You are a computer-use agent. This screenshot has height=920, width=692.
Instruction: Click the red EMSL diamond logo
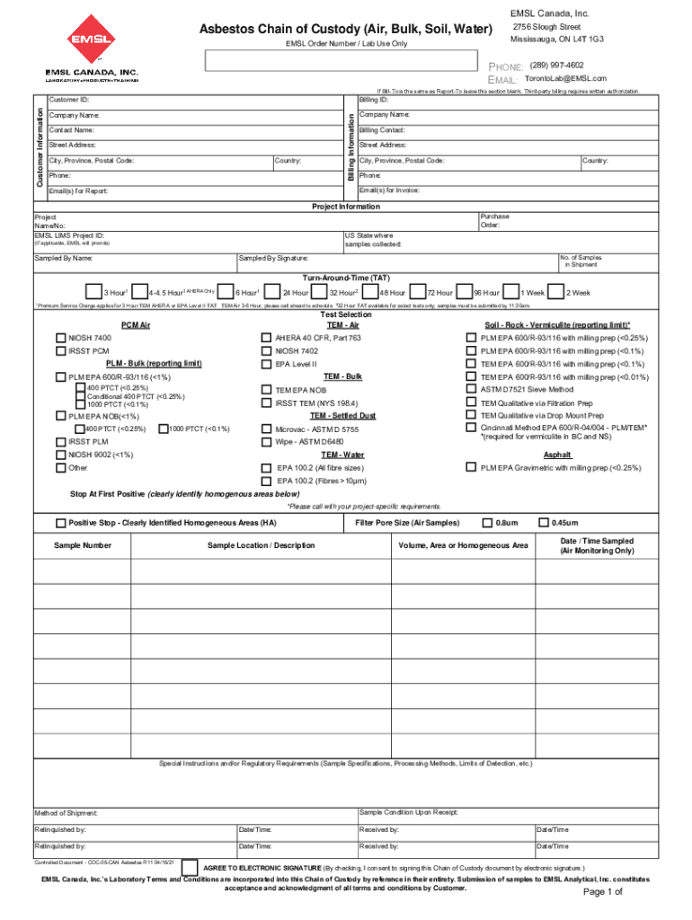pos(92,39)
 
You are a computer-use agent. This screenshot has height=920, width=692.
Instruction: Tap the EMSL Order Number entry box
pos(341,60)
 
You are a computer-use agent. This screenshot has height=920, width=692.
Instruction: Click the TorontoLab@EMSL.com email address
pos(565,79)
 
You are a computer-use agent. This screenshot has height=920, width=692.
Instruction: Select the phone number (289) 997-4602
pos(556,66)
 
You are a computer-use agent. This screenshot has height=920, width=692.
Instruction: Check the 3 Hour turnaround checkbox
pos(93,292)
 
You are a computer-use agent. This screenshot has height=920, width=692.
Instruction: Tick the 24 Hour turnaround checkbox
pos(271,292)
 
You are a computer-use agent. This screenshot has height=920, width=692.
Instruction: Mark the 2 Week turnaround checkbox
pos(555,292)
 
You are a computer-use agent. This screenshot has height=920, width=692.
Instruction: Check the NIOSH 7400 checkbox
pos(60,338)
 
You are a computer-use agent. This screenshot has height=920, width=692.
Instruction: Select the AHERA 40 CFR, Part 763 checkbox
pos(266,338)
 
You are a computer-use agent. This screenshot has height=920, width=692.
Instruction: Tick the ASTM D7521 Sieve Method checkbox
pos(471,390)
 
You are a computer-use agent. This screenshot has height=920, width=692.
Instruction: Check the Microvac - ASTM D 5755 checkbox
pos(266,429)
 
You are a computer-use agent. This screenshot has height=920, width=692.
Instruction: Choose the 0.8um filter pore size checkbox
pos(487,523)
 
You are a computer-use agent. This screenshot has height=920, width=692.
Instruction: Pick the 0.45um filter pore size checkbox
pos(543,523)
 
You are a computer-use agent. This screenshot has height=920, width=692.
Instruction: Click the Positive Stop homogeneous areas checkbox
pos(60,523)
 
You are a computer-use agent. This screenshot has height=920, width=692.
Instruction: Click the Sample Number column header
pos(83,545)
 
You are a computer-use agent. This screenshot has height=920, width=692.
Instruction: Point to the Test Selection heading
pos(345,315)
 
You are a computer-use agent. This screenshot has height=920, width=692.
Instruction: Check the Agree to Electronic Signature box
pos(190,867)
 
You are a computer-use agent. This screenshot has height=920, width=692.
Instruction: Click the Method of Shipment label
pos(66,813)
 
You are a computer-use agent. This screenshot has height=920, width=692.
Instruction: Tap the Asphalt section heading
pos(557,455)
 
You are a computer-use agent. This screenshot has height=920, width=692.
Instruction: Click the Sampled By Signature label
pos(273,258)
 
